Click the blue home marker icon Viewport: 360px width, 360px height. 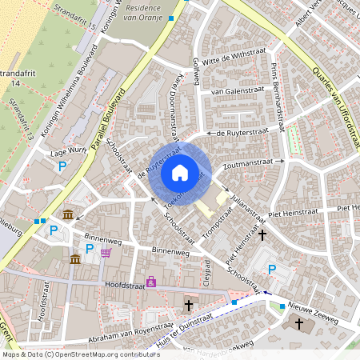click(x=180, y=172)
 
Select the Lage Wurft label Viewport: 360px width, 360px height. click(x=67, y=150)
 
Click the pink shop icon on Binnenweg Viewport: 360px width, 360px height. click(x=106, y=253)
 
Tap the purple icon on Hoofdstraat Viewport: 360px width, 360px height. click(x=150, y=282)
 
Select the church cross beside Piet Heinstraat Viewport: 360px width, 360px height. click(x=262, y=234)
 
